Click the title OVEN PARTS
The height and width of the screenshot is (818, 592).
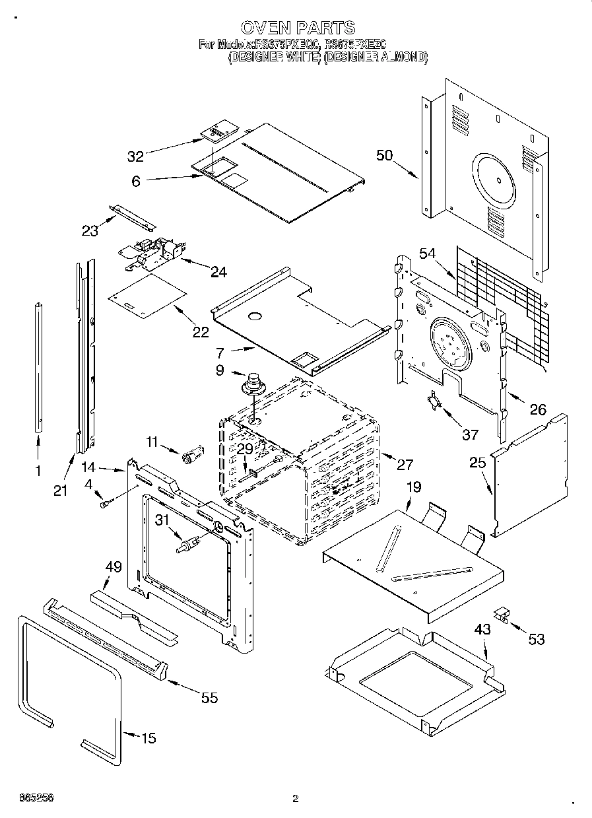(298, 27)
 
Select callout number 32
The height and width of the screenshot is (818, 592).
(135, 156)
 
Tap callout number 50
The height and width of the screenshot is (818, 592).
(385, 156)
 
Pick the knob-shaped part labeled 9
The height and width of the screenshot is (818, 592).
(251, 384)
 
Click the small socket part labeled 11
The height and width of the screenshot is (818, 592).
(192, 455)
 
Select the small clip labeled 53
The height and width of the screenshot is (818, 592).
(504, 615)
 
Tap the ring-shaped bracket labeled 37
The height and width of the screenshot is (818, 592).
(432, 401)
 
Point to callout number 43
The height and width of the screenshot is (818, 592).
(482, 629)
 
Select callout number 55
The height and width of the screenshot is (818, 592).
(209, 698)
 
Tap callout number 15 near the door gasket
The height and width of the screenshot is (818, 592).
(149, 737)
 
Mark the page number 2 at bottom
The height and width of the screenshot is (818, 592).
(296, 798)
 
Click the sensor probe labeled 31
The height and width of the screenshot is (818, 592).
(186, 545)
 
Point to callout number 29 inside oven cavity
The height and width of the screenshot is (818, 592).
(245, 448)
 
